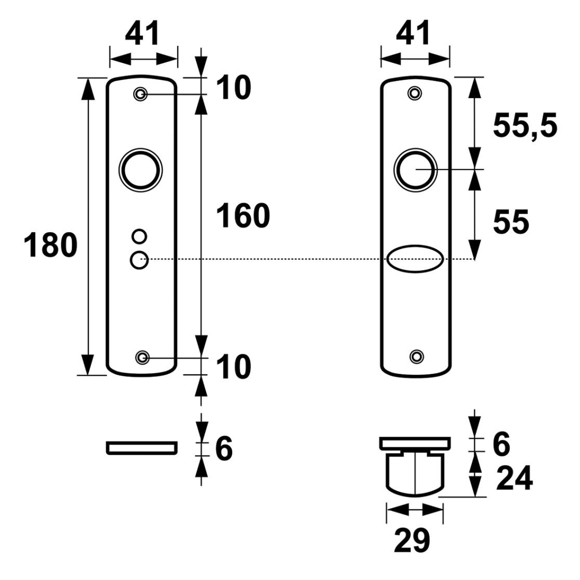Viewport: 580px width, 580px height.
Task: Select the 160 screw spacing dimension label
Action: tap(243, 216)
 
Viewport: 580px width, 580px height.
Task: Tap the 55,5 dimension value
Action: tap(525, 126)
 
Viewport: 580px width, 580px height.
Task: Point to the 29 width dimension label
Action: tap(412, 541)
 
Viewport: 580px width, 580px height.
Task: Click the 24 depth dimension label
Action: tap(515, 478)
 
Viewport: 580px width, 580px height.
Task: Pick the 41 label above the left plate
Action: tap(142, 34)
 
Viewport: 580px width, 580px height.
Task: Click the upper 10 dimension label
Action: tap(233, 87)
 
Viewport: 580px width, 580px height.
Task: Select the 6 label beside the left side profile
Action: tap(224, 449)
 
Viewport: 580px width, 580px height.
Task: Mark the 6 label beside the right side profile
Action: tap(501, 444)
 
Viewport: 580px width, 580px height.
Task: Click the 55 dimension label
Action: tap(511, 222)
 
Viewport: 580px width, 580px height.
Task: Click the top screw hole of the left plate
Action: tap(140, 94)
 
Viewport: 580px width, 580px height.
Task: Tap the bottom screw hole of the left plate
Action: tap(142, 358)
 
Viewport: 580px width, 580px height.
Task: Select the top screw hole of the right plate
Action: tap(415, 93)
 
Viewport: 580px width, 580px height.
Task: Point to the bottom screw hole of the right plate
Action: tap(416, 357)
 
